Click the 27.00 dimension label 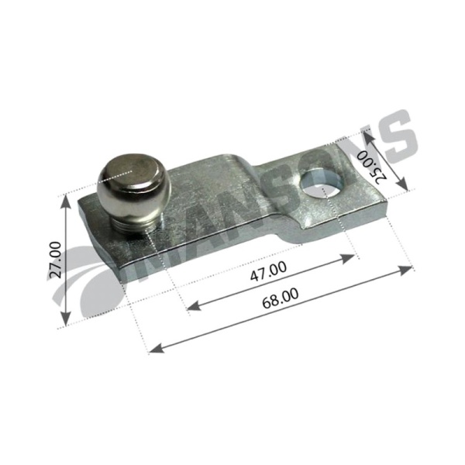click(56, 260)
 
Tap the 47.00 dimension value click(269, 271)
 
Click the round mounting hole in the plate click(322, 184)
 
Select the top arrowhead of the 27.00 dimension click(66, 202)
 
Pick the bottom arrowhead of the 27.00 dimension click(66, 319)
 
